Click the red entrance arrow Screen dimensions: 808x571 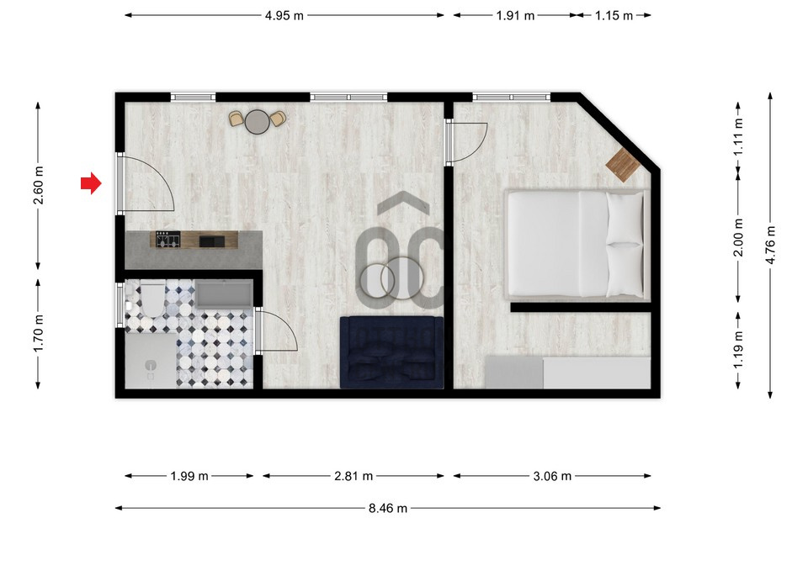[x=91, y=182]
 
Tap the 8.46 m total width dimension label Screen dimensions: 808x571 [x=387, y=509]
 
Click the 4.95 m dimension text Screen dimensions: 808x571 [x=284, y=15]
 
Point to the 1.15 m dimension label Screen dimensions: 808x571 [x=614, y=15]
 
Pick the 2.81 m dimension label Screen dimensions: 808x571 [x=353, y=476]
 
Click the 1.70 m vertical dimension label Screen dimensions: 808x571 [x=38, y=334]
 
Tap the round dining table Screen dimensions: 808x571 [x=258, y=121]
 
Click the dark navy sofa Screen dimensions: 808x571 [x=391, y=352]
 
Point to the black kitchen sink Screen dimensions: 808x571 [x=212, y=241]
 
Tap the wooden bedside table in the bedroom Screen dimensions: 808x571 [x=623, y=165]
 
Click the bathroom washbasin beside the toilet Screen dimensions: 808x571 [x=224, y=294]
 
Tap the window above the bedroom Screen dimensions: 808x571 [x=512, y=97]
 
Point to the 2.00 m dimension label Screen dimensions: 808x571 [x=738, y=237]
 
